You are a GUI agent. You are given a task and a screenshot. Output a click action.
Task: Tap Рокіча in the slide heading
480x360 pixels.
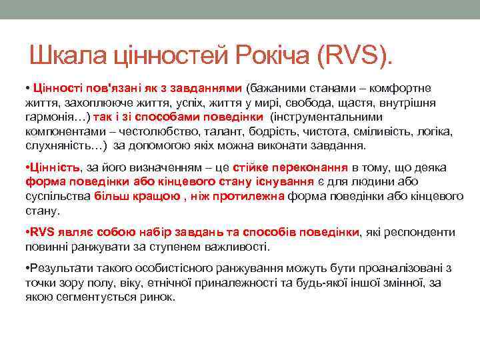[x=274, y=55]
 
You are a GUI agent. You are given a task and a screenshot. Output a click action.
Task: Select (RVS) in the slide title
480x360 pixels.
[x=354, y=55]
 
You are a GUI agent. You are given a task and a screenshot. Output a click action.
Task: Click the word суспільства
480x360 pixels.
[x=58, y=196]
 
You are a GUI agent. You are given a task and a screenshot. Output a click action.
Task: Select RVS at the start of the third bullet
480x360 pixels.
[x=41, y=232]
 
